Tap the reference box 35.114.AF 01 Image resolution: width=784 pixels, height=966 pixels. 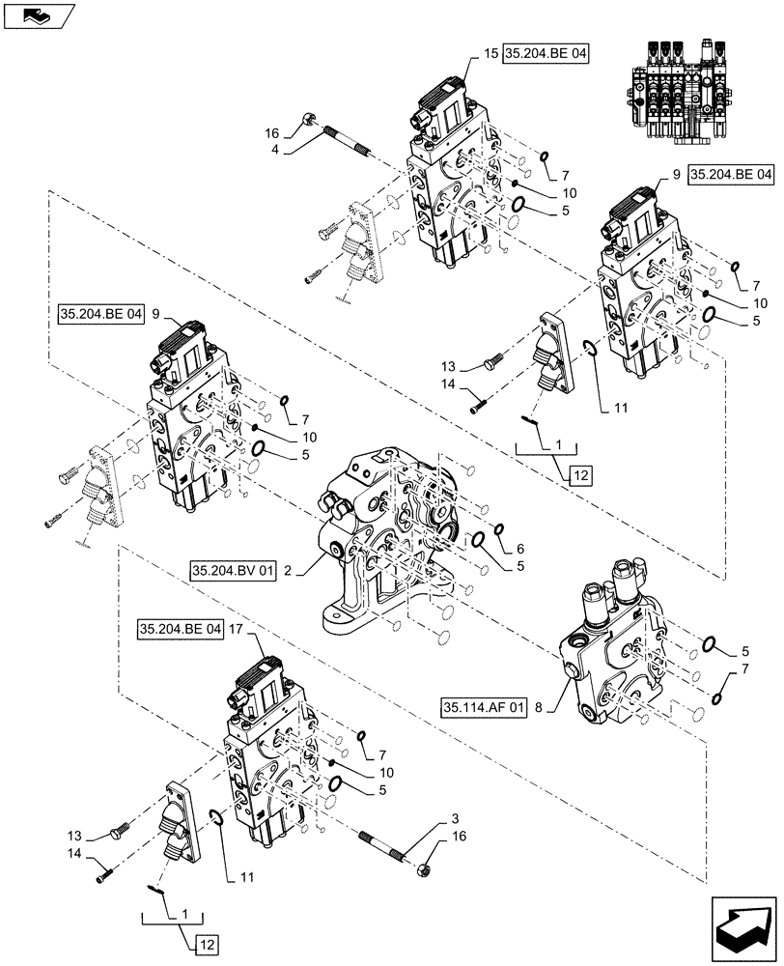[485, 707]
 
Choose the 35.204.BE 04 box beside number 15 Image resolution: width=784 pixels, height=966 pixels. [545, 54]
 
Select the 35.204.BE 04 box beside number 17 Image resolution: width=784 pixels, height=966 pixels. [181, 629]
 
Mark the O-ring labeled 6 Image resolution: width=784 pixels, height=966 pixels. [499, 529]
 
